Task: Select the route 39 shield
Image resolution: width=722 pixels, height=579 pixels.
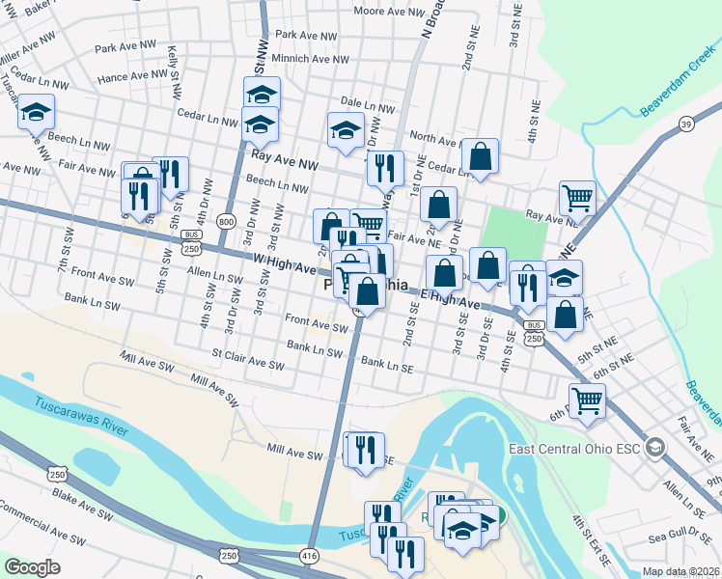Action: pos(685,124)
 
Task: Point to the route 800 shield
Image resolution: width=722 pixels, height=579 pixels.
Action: pos(226,222)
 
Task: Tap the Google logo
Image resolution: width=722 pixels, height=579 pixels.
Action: pos(32,566)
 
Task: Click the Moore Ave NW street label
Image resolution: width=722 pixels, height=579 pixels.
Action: pos(389,12)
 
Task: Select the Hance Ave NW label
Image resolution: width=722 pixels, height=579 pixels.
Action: pos(133,75)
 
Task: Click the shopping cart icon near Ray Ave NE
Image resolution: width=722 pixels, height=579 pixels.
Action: pos(577,198)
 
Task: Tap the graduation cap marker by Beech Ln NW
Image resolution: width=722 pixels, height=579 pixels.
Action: pos(36,112)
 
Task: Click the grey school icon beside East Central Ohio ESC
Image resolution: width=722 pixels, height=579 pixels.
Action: pos(655,448)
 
